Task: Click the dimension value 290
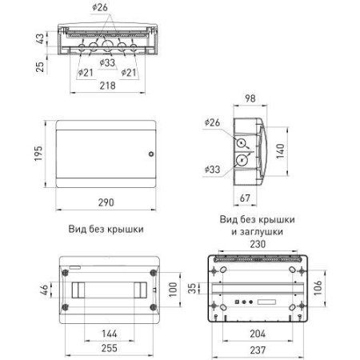(104, 205)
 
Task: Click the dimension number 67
(248, 199)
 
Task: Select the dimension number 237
(257, 349)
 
